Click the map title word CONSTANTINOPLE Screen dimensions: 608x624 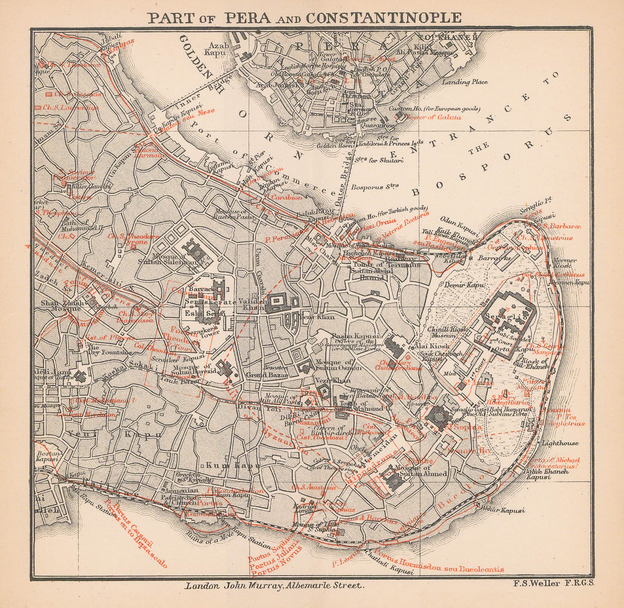point(383,18)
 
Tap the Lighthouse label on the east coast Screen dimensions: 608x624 point(560,443)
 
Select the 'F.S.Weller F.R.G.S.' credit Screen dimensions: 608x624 point(553,583)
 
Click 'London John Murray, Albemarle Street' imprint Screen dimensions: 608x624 point(275,585)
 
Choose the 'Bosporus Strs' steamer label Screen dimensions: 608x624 point(374,187)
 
